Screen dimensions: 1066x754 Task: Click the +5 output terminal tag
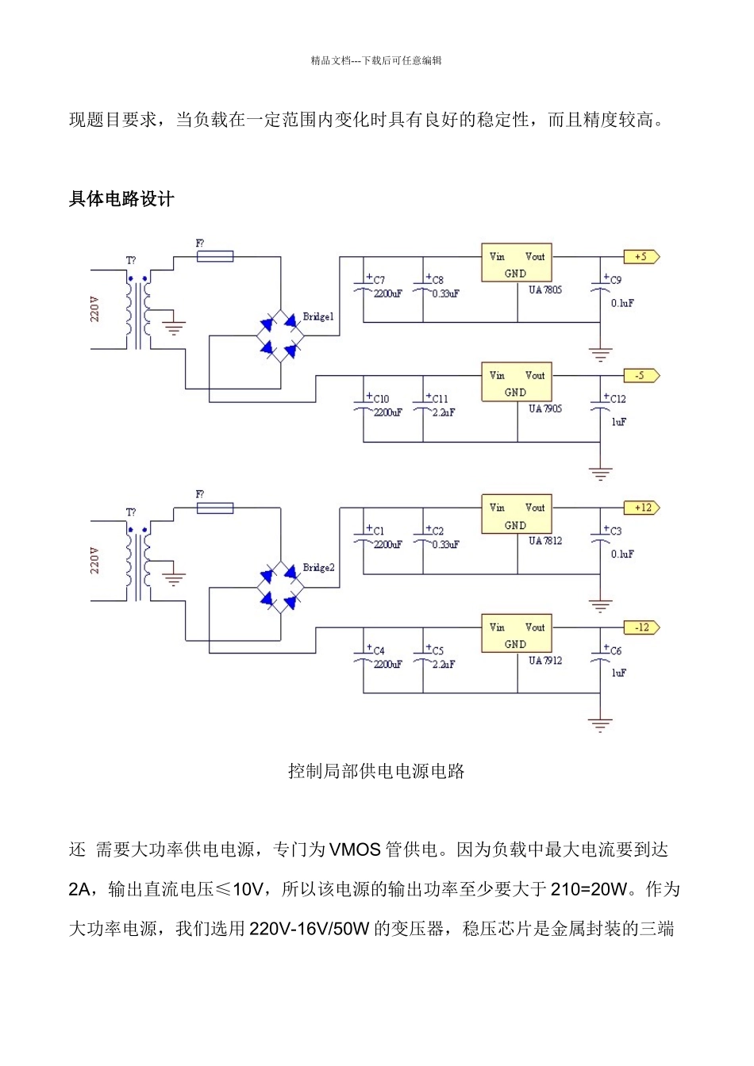[x=641, y=257]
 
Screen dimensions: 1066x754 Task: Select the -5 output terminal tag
[x=641, y=376]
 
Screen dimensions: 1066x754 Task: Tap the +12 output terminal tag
[x=641, y=508]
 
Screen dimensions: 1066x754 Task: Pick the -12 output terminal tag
[x=641, y=627]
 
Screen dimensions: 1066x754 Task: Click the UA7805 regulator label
[x=545, y=290]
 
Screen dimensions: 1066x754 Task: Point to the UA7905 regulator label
[x=545, y=409]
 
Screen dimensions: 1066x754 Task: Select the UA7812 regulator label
[x=545, y=541]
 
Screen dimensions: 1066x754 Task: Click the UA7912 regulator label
[x=545, y=661]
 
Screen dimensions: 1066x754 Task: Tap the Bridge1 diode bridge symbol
[x=281, y=336]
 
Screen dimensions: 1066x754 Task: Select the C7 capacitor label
[x=379, y=280]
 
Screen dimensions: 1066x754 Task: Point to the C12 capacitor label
[x=617, y=399]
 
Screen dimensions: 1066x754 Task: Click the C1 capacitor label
[x=379, y=531]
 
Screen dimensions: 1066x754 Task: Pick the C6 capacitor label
[x=616, y=650]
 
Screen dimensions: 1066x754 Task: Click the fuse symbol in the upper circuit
[x=214, y=256]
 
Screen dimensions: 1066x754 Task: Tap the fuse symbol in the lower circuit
[x=214, y=508]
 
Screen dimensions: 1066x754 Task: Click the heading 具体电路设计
[x=121, y=199]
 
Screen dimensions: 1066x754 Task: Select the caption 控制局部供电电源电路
[x=376, y=771]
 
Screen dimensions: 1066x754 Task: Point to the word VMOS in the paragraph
[x=355, y=849]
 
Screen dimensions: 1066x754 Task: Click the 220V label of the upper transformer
[x=95, y=309]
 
